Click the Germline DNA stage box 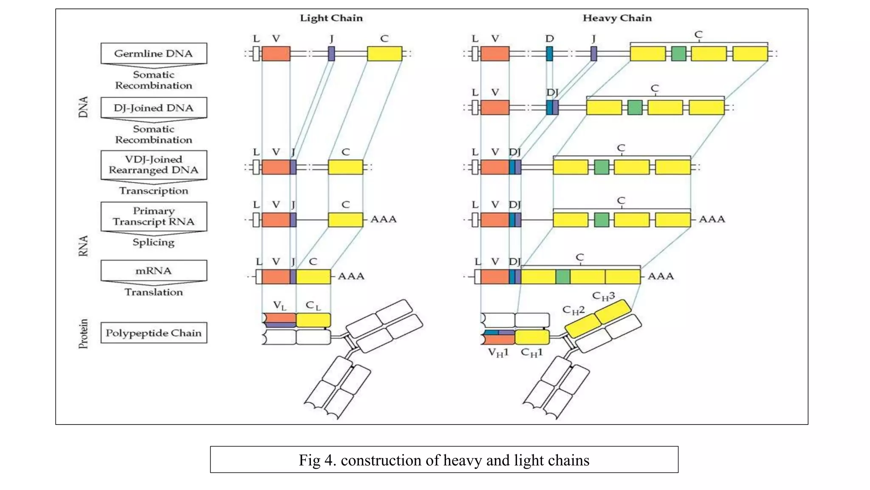point(153,54)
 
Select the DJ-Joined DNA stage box point(153,108)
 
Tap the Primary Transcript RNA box point(153,217)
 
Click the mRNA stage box point(153,271)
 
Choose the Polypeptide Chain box point(153,333)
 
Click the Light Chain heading point(331,18)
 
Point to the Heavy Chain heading point(617,18)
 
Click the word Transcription point(153,191)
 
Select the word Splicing point(153,242)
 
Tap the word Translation point(153,292)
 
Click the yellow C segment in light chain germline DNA point(384,54)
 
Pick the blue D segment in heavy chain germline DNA point(549,54)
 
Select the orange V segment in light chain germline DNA point(276,54)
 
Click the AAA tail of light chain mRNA point(351,276)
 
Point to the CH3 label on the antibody point(603,296)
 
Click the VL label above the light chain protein point(280,305)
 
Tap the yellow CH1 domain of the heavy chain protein point(532,337)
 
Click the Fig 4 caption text point(443,460)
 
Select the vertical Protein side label point(83,334)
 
